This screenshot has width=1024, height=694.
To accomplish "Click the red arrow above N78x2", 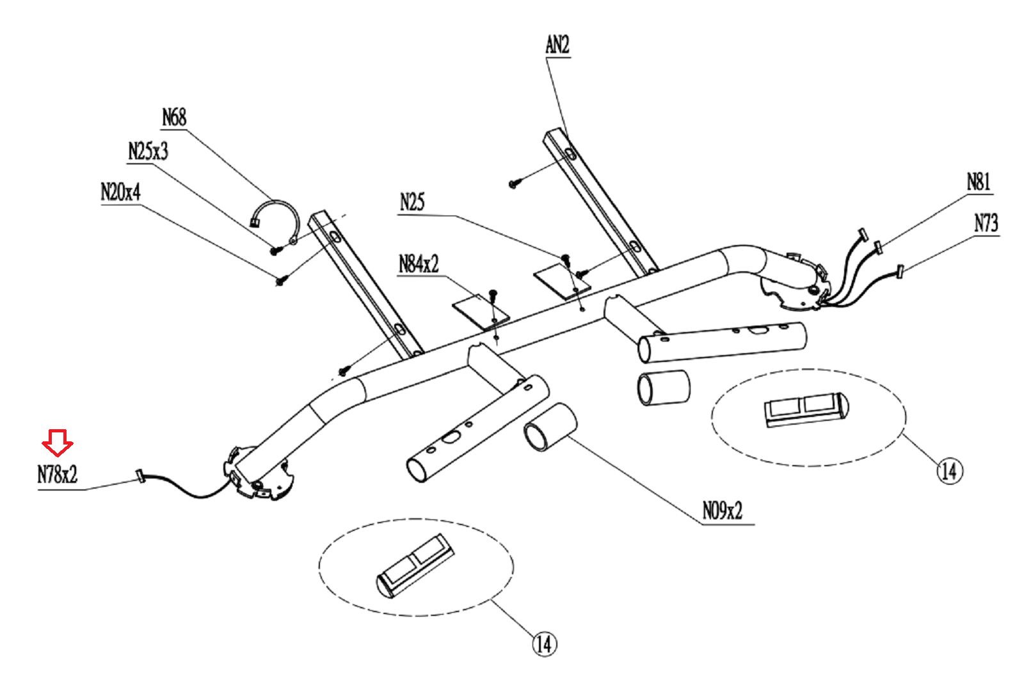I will click(x=58, y=442).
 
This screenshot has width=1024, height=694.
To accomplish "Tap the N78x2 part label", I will click(x=57, y=475).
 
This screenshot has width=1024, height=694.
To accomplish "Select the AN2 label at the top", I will click(x=557, y=45).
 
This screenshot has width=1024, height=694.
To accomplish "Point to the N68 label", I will click(x=174, y=118).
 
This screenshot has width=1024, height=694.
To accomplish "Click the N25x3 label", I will click(x=148, y=152).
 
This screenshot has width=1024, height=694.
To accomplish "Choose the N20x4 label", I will click(x=120, y=192).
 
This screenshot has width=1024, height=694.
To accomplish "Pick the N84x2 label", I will click(x=419, y=264).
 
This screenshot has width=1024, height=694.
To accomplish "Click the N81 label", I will click(x=978, y=182).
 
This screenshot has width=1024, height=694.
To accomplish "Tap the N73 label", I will click(x=986, y=223).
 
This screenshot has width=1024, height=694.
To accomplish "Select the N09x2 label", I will click(x=723, y=511).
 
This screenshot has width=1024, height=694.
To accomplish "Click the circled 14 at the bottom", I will click(x=544, y=643).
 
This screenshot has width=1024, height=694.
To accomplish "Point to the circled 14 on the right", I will click(x=950, y=471).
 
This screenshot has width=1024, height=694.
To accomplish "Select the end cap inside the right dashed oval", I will click(x=806, y=408).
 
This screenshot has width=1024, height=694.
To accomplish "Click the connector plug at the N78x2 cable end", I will click(x=140, y=477).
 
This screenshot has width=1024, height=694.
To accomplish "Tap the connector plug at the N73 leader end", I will click(x=900, y=271).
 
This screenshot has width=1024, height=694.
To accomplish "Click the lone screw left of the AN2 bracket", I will click(x=514, y=184).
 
